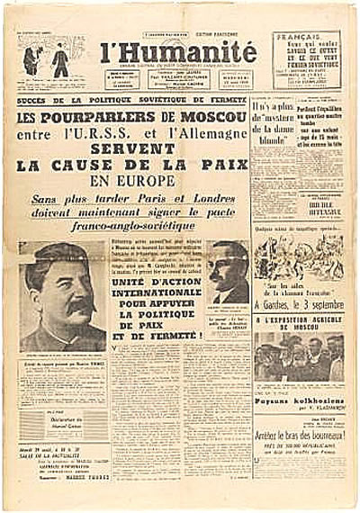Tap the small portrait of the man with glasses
tap(227, 274)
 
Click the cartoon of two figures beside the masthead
tap(46, 60)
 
